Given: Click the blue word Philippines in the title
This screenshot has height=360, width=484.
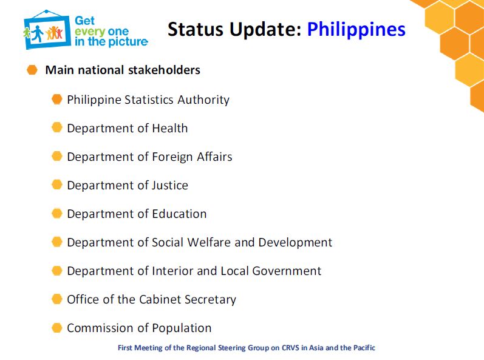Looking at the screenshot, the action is [356, 30].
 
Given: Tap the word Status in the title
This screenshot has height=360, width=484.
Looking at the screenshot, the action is [196, 29].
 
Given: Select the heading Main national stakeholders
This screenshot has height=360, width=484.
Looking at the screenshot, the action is [123, 70].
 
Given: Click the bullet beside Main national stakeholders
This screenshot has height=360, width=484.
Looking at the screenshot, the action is [32, 70].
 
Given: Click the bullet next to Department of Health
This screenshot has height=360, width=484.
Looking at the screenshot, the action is [57, 127].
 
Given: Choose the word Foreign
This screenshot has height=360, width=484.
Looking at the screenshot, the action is [172, 157].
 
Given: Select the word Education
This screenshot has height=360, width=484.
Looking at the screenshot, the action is [179, 214].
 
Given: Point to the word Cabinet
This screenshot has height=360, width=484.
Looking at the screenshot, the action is [160, 299].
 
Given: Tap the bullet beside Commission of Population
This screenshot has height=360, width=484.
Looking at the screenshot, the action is [57, 328].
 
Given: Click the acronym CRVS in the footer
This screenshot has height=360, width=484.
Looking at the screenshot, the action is [290, 348].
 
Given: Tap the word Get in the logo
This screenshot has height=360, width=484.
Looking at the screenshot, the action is [84, 21].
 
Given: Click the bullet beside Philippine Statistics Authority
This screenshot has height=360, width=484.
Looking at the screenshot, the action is [57, 99].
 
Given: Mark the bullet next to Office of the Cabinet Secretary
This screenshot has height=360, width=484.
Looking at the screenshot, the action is [57, 299].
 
